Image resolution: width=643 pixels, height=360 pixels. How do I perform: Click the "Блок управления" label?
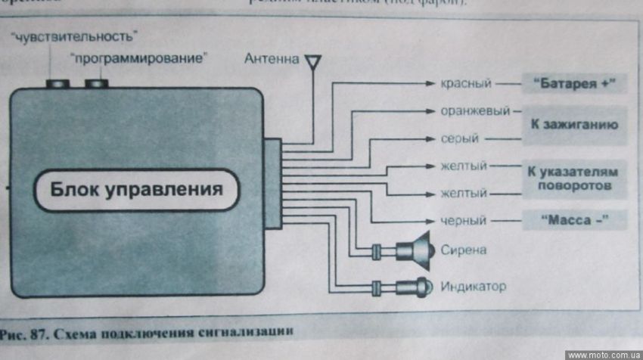pyautogui.click(x=136, y=188)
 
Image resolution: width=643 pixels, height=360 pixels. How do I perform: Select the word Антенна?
pyautogui.click(x=272, y=59)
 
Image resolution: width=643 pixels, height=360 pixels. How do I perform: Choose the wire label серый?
pyautogui.click(x=458, y=139)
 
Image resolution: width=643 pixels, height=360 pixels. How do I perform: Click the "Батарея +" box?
pyautogui.click(x=574, y=83)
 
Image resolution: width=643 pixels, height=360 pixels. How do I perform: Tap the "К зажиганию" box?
pyautogui.click(x=574, y=124)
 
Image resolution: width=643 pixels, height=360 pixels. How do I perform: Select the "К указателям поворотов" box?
pyautogui.click(x=574, y=178)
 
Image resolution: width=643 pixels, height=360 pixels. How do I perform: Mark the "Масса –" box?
pyautogui.click(x=574, y=220)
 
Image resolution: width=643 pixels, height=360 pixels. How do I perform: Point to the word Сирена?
pyautogui.click(x=462, y=250)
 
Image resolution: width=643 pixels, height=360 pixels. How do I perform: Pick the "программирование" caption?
pyautogui.click(x=138, y=57)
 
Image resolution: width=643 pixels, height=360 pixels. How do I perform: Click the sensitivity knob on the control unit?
pyautogui.click(x=57, y=82)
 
